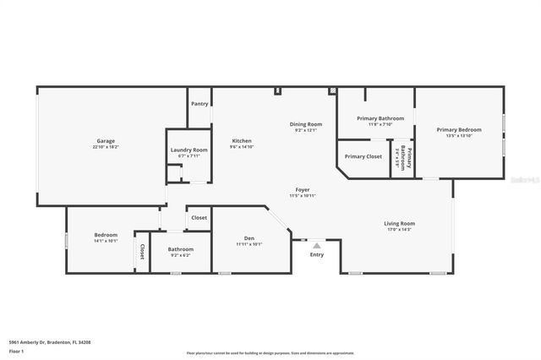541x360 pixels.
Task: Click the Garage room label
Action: click(106, 141)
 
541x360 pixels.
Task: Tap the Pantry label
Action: click(199, 104)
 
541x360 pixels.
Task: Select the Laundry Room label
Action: click(189, 150)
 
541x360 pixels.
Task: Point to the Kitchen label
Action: click(242, 140)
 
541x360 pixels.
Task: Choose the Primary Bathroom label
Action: click(380, 118)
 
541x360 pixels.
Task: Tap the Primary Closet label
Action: click(363, 156)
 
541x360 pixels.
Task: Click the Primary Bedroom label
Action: click(459, 129)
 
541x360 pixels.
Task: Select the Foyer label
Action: click(302, 189)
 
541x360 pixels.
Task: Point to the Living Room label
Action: click(401, 223)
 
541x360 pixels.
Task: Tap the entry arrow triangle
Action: click(317, 245)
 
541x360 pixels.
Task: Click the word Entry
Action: click(317, 254)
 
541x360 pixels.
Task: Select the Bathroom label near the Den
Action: click(180, 249)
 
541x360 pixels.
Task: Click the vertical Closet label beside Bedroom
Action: click(142, 252)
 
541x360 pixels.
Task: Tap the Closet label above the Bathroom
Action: click(199, 218)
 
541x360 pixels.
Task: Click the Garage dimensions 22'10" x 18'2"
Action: click(106, 147)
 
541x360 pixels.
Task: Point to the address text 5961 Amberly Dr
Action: click(49, 342)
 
